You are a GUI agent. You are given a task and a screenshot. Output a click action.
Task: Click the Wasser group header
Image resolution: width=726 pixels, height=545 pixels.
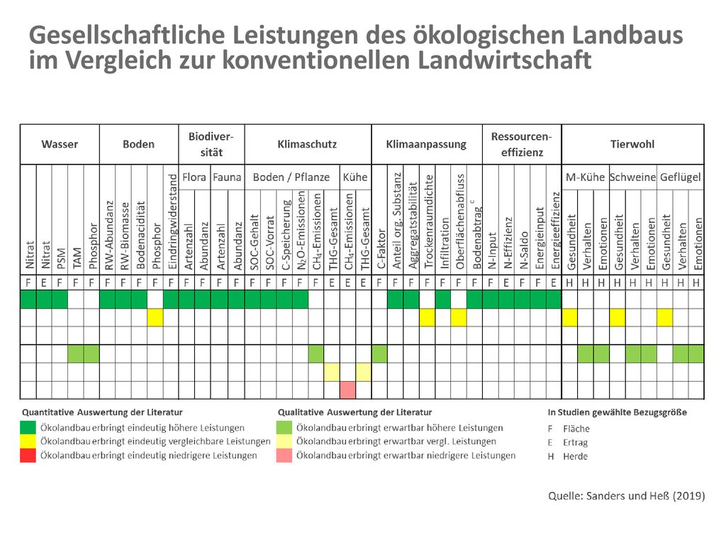(x=60, y=145)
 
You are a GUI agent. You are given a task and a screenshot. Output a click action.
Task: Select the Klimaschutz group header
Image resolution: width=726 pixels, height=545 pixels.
(x=307, y=145)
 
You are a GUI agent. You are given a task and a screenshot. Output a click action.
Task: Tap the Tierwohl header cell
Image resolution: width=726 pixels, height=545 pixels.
(x=632, y=145)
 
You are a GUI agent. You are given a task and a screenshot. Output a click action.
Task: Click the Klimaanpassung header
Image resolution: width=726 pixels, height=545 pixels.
(x=426, y=145)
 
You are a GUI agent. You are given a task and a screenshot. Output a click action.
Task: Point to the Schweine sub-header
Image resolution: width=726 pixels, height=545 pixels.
(x=632, y=177)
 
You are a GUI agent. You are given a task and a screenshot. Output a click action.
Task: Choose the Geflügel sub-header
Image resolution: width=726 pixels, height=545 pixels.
(x=680, y=177)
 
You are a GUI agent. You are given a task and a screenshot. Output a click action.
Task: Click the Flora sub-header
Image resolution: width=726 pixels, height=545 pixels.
(x=194, y=177)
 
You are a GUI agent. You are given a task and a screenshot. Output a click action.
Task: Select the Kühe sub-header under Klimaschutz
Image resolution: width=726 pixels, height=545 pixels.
(x=355, y=177)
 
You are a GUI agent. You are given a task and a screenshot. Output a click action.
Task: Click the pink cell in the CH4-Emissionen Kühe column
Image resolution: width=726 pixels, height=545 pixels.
(x=347, y=390)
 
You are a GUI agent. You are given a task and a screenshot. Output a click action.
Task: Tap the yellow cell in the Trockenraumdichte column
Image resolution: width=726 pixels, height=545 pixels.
(x=427, y=317)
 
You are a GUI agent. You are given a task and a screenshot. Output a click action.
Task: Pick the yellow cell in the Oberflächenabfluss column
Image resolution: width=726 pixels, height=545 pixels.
(x=459, y=317)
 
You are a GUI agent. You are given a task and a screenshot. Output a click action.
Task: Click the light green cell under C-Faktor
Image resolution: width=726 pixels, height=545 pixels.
(x=379, y=354)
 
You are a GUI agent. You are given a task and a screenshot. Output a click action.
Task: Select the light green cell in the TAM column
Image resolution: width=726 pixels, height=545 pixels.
(x=75, y=354)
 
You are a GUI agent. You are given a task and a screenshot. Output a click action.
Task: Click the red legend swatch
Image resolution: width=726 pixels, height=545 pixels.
(x=28, y=456)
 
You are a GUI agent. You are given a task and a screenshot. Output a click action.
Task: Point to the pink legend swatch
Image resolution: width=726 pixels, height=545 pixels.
(x=284, y=456)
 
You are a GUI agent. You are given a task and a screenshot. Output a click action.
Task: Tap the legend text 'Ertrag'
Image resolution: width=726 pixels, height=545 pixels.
(x=575, y=443)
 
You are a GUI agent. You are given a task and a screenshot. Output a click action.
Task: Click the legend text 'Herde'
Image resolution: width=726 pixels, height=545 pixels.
(x=575, y=456)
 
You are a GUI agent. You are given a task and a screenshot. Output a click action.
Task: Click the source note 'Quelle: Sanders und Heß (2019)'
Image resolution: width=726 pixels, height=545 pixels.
(x=627, y=496)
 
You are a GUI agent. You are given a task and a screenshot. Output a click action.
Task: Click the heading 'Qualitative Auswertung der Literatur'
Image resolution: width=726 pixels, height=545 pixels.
(x=354, y=412)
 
